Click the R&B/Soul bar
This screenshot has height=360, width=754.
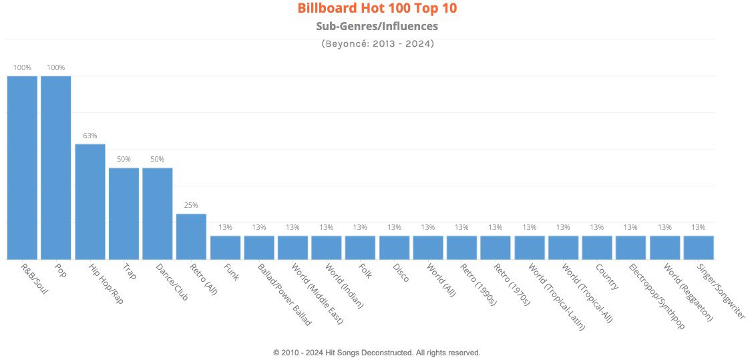coord(22,167)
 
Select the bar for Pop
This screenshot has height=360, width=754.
coord(56,167)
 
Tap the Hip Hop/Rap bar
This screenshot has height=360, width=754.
coord(89,201)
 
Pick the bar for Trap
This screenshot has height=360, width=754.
coord(124,213)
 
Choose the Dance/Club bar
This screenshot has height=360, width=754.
coord(158,213)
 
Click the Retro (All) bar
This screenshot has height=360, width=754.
coord(191,236)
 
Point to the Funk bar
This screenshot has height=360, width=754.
coord(225,247)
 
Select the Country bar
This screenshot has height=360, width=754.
coord(597,247)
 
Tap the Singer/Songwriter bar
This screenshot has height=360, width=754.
coord(699,247)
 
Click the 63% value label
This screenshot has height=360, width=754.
coord(90,136)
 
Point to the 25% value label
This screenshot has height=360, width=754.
coord(191,205)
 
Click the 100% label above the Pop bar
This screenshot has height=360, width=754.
coord(56,67)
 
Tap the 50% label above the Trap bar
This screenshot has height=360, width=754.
coord(124,159)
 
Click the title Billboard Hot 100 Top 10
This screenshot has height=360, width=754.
coord(377,9)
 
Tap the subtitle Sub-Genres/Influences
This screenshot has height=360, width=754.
coord(377,27)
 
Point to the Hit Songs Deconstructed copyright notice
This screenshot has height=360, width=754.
coord(377,352)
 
